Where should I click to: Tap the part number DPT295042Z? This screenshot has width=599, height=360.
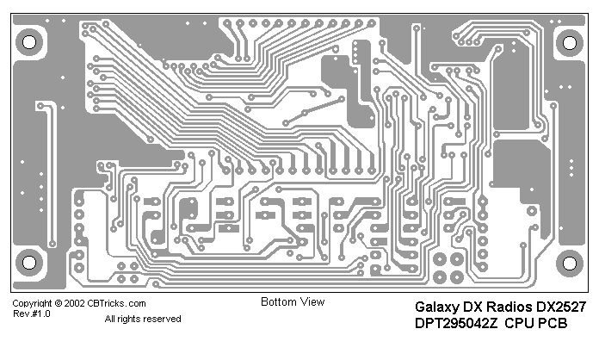click(456, 324)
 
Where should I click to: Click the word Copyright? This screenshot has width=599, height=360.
click(32, 304)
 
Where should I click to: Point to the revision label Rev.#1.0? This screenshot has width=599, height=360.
click(31, 314)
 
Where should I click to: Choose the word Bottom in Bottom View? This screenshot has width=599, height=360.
click(278, 302)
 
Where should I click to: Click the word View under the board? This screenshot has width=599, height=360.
click(312, 302)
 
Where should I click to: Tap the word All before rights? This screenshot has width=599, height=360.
click(110, 320)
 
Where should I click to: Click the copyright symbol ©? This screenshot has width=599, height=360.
click(58, 304)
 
